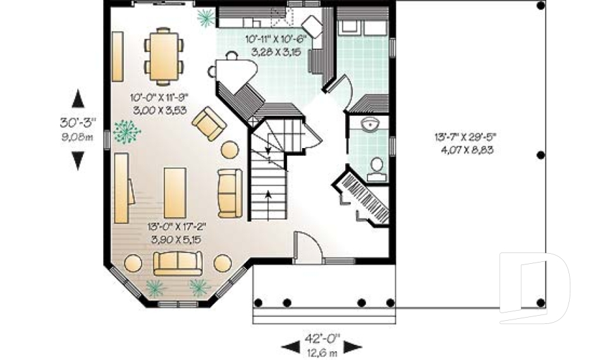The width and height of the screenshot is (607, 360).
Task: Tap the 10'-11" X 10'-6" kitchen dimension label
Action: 275,46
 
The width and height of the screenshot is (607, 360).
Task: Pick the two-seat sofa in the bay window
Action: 178,263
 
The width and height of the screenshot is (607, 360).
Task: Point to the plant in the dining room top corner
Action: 205,19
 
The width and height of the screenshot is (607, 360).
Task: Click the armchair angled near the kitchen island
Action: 209,123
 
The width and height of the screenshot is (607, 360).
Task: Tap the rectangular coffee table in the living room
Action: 175,192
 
